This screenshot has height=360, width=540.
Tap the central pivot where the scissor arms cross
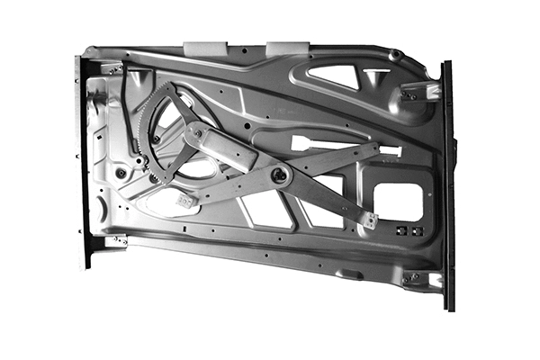[x=280, y=175]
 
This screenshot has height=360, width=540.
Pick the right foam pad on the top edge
[x=287, y=45]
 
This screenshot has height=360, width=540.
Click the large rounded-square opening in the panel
[x=397, y=202]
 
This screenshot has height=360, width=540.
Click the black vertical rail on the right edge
[x=448, y=180]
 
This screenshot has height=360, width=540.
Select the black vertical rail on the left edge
[x=83, y=162]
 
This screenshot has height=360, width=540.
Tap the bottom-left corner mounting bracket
[x=113, y=240]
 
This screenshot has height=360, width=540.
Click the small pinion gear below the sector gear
[x=144, y=162]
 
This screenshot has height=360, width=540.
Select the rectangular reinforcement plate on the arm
[x=220, y=147]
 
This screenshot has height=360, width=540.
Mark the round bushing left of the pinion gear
[x=121, y=172]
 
